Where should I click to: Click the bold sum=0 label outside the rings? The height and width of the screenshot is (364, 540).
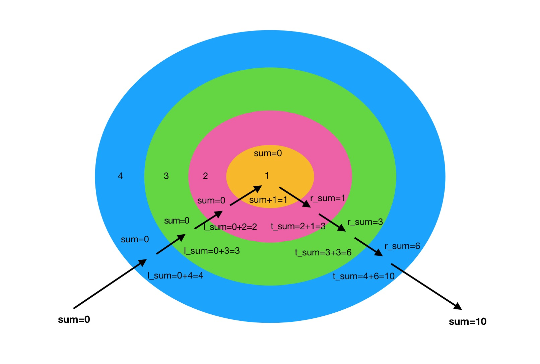[74, 320]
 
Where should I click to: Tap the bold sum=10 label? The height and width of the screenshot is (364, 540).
[467, 322]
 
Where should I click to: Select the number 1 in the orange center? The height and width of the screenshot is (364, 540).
[267, 175]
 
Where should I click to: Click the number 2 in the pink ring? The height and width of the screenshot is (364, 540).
[205, 176]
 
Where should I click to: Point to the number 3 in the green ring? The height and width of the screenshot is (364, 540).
[166, 176]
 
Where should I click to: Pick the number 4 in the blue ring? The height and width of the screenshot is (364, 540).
[120, 176]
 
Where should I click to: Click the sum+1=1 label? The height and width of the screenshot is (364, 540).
[268, 200]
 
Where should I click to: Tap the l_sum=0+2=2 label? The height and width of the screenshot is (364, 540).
[230, 227]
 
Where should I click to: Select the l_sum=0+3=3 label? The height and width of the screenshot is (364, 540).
[212, 251]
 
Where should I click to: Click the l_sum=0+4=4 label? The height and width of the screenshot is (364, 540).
[175, 276]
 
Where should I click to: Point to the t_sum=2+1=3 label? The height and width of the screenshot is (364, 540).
[298, 227]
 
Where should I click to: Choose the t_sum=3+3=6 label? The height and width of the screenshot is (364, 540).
[323, 252]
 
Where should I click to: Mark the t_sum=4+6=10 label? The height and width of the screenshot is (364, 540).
[363, 277]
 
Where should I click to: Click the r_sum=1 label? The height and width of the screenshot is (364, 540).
[328, 198]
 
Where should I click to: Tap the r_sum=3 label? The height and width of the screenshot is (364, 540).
[365, 222]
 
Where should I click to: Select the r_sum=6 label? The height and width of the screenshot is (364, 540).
[402, 246]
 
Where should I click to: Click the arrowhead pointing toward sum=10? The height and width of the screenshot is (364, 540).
[458, 306]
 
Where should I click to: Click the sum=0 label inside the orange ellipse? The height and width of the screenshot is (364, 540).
[268, 154]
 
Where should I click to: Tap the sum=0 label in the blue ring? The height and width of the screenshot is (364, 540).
[135, 240]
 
